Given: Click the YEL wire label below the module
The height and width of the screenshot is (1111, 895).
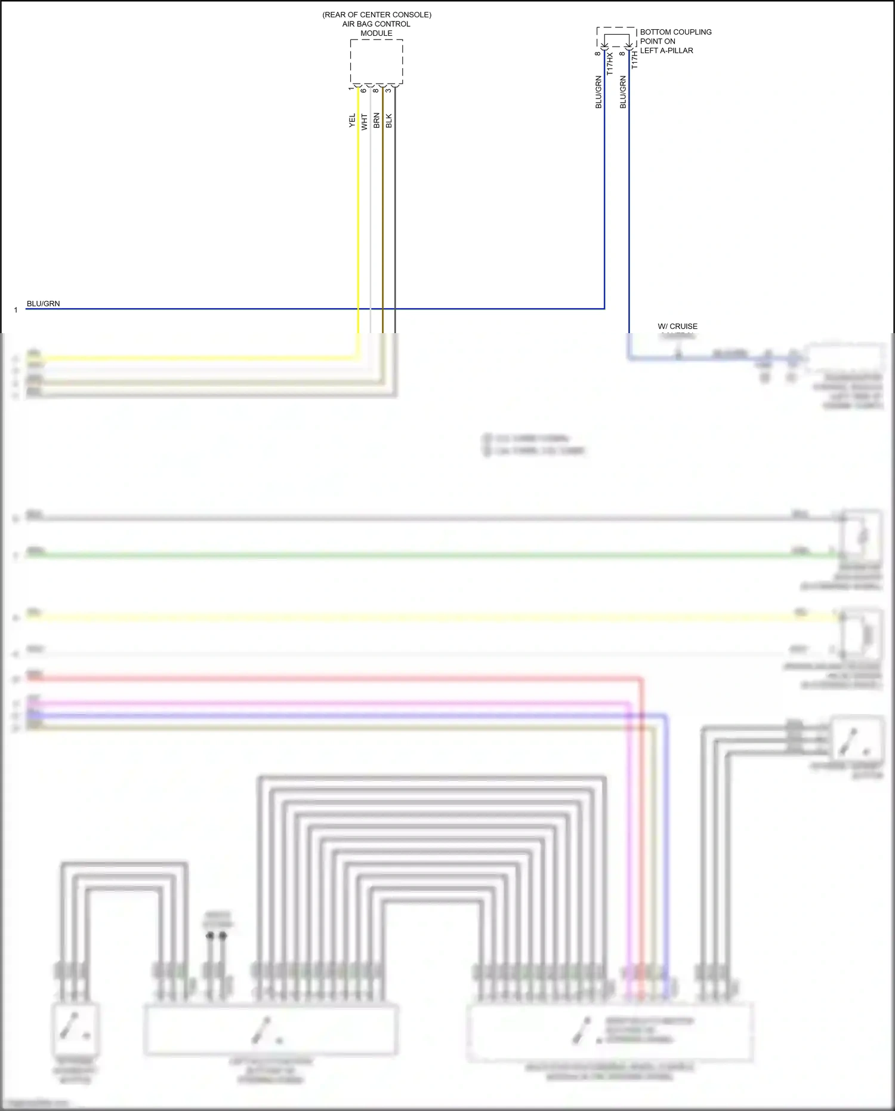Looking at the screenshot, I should (x=352, y=121).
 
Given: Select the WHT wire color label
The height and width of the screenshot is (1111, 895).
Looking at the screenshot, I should (x=365, y=122).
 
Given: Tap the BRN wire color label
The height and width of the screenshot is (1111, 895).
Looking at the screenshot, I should (x=376, y=121).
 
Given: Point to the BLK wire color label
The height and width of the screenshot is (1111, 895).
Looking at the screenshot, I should (x=389, y=121).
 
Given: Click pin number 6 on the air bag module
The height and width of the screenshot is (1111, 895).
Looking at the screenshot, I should (x=363, y=90).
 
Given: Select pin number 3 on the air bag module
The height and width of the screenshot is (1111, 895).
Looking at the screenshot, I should (x=388, y=90).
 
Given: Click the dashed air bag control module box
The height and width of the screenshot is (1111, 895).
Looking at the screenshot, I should (x=376, y=62).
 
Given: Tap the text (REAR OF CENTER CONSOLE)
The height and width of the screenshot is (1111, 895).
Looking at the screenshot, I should (x=376, y=14).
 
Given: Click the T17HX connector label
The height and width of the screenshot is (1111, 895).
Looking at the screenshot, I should (x=610, y=63).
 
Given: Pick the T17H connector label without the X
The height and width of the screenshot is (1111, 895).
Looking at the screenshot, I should (x=634, y=60).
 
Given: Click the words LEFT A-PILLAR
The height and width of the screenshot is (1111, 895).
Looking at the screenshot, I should (x=666, y=51).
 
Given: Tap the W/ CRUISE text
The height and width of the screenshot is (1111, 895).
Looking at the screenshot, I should (x=677, y=327).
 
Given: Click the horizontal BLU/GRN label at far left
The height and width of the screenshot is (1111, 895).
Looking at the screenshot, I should (x=43, y=303).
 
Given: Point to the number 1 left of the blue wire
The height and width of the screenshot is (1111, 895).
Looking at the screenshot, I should (x=16, y=310).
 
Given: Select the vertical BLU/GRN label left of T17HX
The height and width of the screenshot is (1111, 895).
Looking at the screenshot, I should (x=598, y=92).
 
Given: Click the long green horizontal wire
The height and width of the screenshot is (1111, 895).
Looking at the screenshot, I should (x=418, y=556).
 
